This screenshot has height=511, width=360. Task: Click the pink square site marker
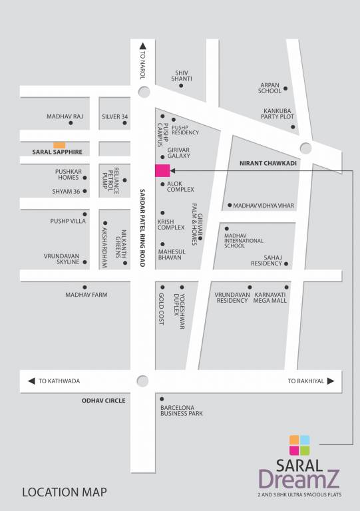point(162,170)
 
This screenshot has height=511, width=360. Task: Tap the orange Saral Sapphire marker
point(59,144)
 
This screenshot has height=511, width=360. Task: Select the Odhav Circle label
point(103,401)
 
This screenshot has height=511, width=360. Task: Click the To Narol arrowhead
point(142,47)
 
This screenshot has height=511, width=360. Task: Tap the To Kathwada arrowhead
point(31,381)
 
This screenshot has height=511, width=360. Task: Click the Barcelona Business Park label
point(181,411)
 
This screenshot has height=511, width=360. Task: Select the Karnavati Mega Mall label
point(270,297)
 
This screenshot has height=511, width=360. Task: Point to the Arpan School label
point(270,88)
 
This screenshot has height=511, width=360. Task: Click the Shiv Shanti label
point(181,76)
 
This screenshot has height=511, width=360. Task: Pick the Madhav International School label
point(244,240)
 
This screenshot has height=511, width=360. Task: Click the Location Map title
point(64,493)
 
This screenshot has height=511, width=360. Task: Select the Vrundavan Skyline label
point(61,259)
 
